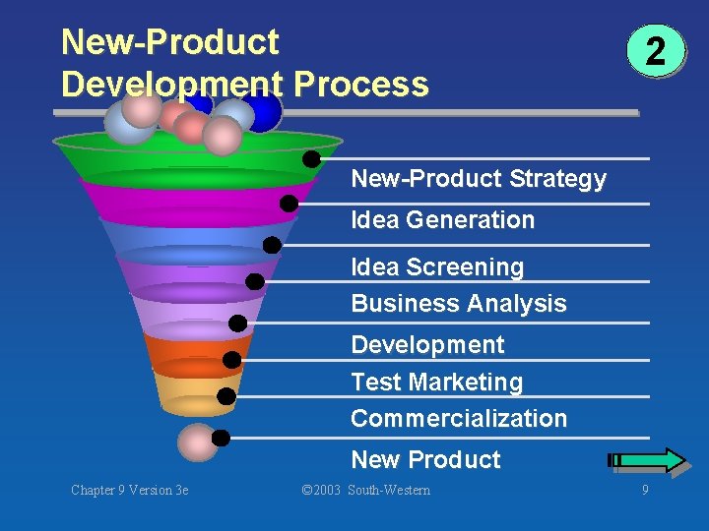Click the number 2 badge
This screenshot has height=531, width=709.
click(655, 52)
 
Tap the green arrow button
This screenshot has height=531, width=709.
click(648, 459)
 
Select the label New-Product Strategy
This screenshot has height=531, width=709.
click(479, 179)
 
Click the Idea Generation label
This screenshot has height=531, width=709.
click(442, 220)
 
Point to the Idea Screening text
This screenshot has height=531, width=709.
click(437, 266)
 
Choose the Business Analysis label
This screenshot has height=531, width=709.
click(459, 303)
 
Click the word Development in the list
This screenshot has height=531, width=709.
click(427, 344)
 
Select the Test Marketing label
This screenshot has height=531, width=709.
click(436, 382)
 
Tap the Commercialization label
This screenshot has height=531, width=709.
click(459, 418)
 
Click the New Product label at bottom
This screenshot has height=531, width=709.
click(425, 459)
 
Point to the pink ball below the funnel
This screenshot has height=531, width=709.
click(197, 442)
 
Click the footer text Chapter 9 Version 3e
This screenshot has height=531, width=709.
click(129, 490)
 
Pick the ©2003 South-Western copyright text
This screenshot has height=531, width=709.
click(365, 490)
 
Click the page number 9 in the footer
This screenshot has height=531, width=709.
click(645, 490)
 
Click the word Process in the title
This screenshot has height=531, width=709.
click(360, 85)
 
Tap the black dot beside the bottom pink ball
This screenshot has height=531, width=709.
click(222, 438)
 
